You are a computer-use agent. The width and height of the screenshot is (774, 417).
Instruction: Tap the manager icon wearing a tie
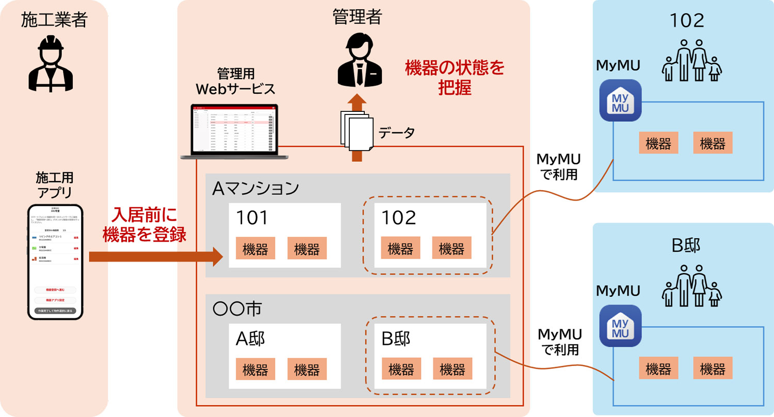tap(357, 62)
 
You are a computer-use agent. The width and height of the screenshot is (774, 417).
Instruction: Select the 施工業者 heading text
tap(54, 20)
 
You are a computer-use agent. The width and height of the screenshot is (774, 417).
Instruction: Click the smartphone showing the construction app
tap(55, 261)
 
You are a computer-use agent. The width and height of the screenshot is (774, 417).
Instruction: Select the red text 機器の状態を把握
tap(454, 77)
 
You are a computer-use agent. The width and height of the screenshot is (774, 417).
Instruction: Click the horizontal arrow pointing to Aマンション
tap(155, 256)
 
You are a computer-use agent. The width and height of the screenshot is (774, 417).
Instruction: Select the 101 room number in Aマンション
tap(252, 218)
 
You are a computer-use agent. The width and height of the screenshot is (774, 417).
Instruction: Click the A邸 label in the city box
tap(251, 339)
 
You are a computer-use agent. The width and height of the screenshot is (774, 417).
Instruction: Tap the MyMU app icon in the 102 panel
tap(620, 100)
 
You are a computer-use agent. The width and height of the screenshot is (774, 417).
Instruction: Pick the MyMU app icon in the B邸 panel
tap(620, 326)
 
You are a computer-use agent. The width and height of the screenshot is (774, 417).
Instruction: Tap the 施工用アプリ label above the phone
tap(55, 185)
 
